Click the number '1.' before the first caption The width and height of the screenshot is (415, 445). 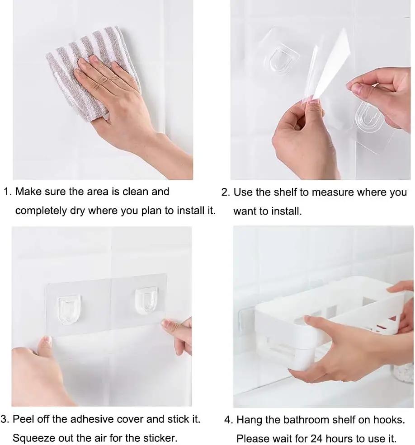[8, 192]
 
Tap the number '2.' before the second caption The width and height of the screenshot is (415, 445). [226, 192]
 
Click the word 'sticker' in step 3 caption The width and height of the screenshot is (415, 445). [160, 438]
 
